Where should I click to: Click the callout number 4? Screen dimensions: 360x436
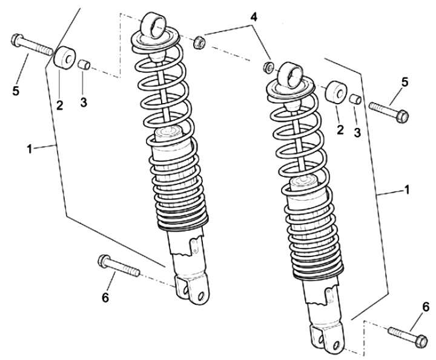pyautogui.click(x=254, y=17)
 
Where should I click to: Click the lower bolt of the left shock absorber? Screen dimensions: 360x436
pyautogui.click(x=118, y=267)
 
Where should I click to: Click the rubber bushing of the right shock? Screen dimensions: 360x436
pyautogui.click(x=335, y=92)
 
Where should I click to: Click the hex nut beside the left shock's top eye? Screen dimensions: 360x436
pyautogui.click(x=198, y=42)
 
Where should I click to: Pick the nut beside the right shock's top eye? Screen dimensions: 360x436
pyautogui.click(x=267, y=65)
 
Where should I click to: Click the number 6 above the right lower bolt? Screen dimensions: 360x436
pyautogui.click(x=425, y=307)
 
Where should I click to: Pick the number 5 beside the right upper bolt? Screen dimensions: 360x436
pyautogui.click(x=405, y=81)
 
